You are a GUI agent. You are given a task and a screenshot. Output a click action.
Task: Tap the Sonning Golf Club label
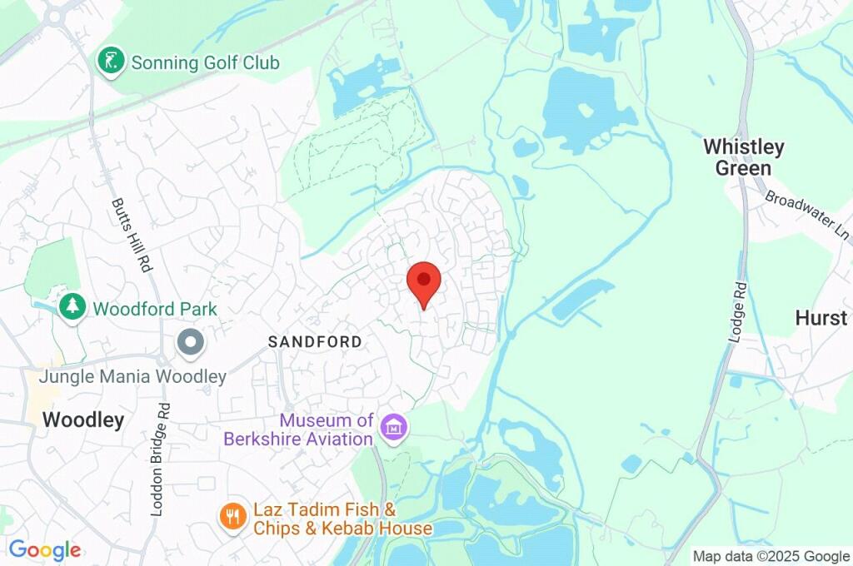[x=205, y=62]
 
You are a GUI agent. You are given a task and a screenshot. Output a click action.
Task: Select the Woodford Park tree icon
[x=72, y=306]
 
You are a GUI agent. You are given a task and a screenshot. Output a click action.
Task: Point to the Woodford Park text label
[x=155, y=309]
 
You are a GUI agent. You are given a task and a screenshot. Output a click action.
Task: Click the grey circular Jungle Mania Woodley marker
[x=191, y=341]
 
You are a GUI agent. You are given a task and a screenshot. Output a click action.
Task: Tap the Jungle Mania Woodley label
[x=132, y=376]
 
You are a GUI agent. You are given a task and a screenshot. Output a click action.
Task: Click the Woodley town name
[x=83, y=420]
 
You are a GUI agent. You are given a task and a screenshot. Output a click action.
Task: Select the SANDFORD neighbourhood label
[x=315, y=341]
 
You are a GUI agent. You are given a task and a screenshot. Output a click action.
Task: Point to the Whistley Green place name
[x=743, y=157]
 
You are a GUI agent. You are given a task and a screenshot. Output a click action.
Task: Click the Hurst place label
[x=821, y=317]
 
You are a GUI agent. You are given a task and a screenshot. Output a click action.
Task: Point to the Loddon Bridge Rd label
[x=160, y=459]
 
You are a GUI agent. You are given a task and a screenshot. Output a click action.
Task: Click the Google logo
[x=45, y=549]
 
